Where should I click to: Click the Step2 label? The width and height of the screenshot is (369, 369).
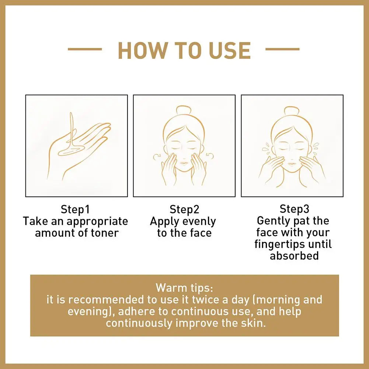point(184,209)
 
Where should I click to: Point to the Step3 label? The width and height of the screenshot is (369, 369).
point(294,209)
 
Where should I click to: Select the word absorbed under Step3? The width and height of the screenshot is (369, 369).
point(294,255)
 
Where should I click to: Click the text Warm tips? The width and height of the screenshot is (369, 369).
point(184,287)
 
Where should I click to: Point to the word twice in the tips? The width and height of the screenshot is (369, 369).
point(210,299)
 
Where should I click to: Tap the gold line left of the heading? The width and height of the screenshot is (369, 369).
point(85,49)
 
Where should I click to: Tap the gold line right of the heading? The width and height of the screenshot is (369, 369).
point(282,49)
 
